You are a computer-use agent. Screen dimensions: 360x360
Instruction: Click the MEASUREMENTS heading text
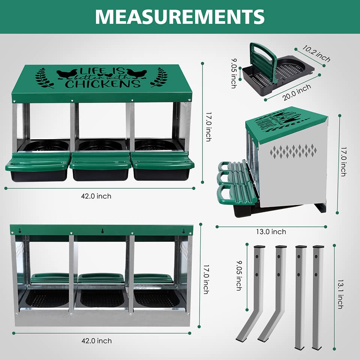[x=180, y=16]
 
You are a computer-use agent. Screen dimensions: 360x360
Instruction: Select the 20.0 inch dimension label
[x=297, y=92]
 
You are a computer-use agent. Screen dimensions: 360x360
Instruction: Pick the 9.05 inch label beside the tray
[x=234, y=73]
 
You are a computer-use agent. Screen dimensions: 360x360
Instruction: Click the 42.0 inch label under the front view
[x=96, y=196]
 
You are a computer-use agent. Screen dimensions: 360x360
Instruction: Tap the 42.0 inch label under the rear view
[x=97, y=341]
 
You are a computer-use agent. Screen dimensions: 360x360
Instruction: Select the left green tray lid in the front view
[x=38, y=162]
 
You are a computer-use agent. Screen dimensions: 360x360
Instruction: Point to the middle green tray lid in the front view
[x=100, y=161]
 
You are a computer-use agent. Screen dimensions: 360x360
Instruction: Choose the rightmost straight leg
[x=318, y=296]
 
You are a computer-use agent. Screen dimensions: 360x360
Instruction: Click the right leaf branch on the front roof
[x=159, y=77]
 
